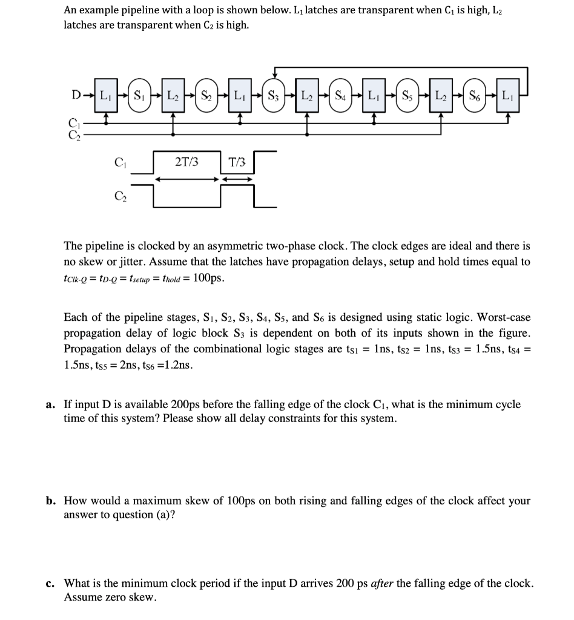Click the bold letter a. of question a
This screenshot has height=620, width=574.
click(51, 404)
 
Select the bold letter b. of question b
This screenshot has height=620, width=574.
click(51, 501)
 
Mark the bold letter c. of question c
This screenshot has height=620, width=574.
click(51, 583)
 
